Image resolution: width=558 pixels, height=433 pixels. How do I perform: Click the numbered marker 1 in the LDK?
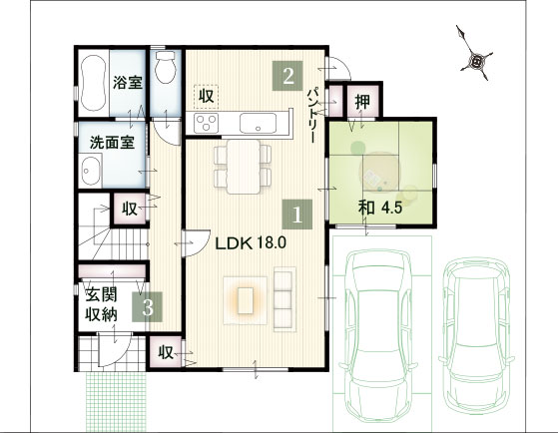pos(296,215)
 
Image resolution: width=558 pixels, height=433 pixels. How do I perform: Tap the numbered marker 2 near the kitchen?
pos(287,76)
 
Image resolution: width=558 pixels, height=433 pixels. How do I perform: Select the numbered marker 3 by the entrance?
pos(148,306)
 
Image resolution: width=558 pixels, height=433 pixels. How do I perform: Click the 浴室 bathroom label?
pos(128,82)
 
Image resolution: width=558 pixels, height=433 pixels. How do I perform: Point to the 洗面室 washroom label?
pos(112,143)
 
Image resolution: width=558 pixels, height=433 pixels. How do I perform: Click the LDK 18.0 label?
pos(251,243)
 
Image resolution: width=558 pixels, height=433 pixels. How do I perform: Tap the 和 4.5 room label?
pos(380,208)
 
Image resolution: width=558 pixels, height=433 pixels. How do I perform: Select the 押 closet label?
pos(362,102)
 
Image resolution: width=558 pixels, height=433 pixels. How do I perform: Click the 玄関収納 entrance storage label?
pos(102,304)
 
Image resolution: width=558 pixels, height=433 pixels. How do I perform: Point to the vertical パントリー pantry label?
pos(311,115)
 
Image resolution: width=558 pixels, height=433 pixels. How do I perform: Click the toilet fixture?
pos(166,67)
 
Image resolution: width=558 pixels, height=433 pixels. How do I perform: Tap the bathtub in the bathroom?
pos(94,83)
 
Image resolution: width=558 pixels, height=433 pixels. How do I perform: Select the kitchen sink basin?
pos(258,123)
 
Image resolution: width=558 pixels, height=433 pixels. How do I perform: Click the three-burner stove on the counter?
pos(206,123)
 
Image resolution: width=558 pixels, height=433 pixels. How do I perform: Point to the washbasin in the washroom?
pos(90,171)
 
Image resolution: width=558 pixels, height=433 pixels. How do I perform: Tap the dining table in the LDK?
pos(244,167)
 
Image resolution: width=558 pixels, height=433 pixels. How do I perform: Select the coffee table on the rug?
pos(246,300)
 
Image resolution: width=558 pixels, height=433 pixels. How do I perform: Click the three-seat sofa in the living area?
pos(284,299)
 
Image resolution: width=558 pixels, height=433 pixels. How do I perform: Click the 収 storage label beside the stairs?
pos(130,209)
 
